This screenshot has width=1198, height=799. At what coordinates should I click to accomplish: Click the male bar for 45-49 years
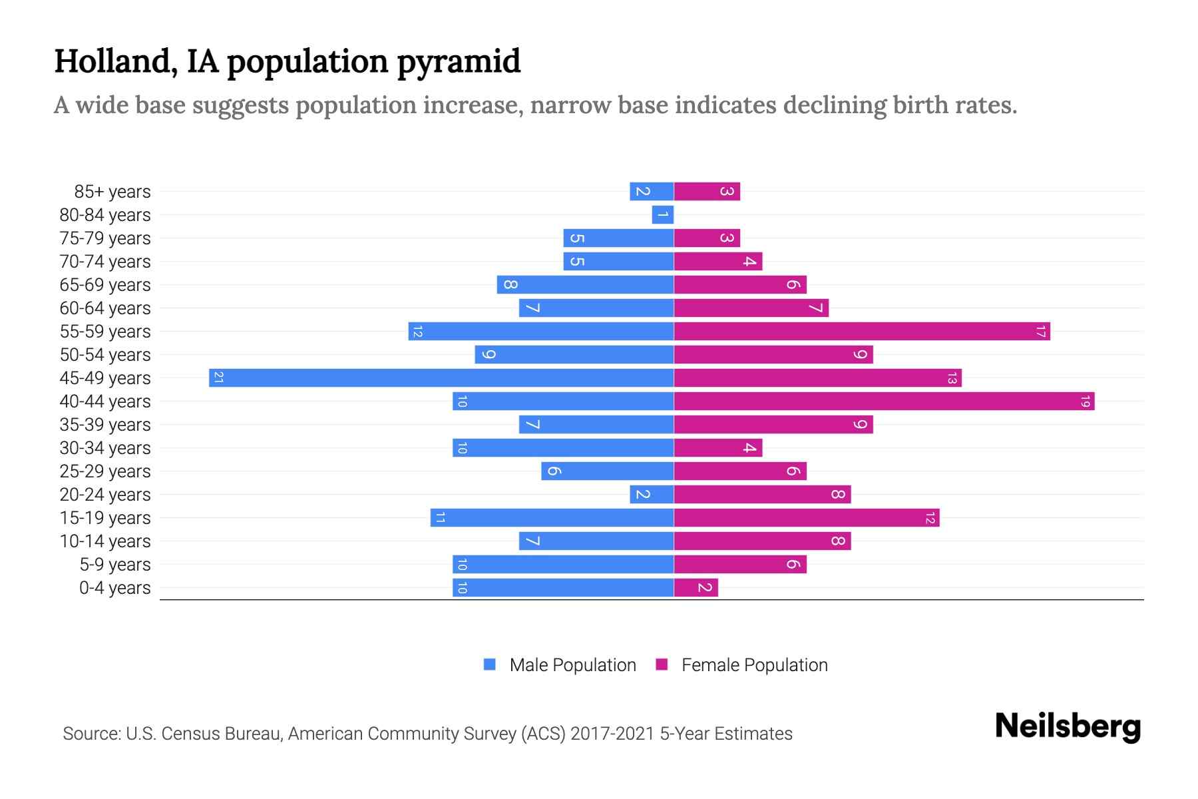click(441, 378)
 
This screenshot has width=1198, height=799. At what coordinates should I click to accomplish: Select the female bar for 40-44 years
click(884, 401)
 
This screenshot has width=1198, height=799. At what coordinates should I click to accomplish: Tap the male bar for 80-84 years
click(663, 214)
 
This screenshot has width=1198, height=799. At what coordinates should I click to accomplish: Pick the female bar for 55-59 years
click(862, 331)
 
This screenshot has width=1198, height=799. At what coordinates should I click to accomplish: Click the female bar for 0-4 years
click(696, 587)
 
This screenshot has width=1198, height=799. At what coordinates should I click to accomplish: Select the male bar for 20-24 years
click(652, 494)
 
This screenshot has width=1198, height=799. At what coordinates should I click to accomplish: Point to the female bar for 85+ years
click(707, 191)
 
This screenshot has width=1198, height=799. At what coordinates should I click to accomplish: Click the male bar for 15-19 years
click(552, 517)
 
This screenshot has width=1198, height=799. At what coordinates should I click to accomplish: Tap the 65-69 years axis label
click(105, 285)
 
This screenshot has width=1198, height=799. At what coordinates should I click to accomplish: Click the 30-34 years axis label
click(105, 448)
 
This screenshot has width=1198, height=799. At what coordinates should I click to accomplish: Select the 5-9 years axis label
click(114, 565)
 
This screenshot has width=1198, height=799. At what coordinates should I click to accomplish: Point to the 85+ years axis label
click(112, 192)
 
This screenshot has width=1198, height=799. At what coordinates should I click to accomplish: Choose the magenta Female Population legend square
click(662, 664)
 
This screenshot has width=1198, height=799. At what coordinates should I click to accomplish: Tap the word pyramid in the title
click(459, 62)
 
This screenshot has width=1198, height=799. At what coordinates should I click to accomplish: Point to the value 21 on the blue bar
click(218, 378)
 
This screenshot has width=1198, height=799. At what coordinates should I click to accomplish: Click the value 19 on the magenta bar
click(1085, 401)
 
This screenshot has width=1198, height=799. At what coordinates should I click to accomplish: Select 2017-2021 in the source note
click(612, 734)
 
